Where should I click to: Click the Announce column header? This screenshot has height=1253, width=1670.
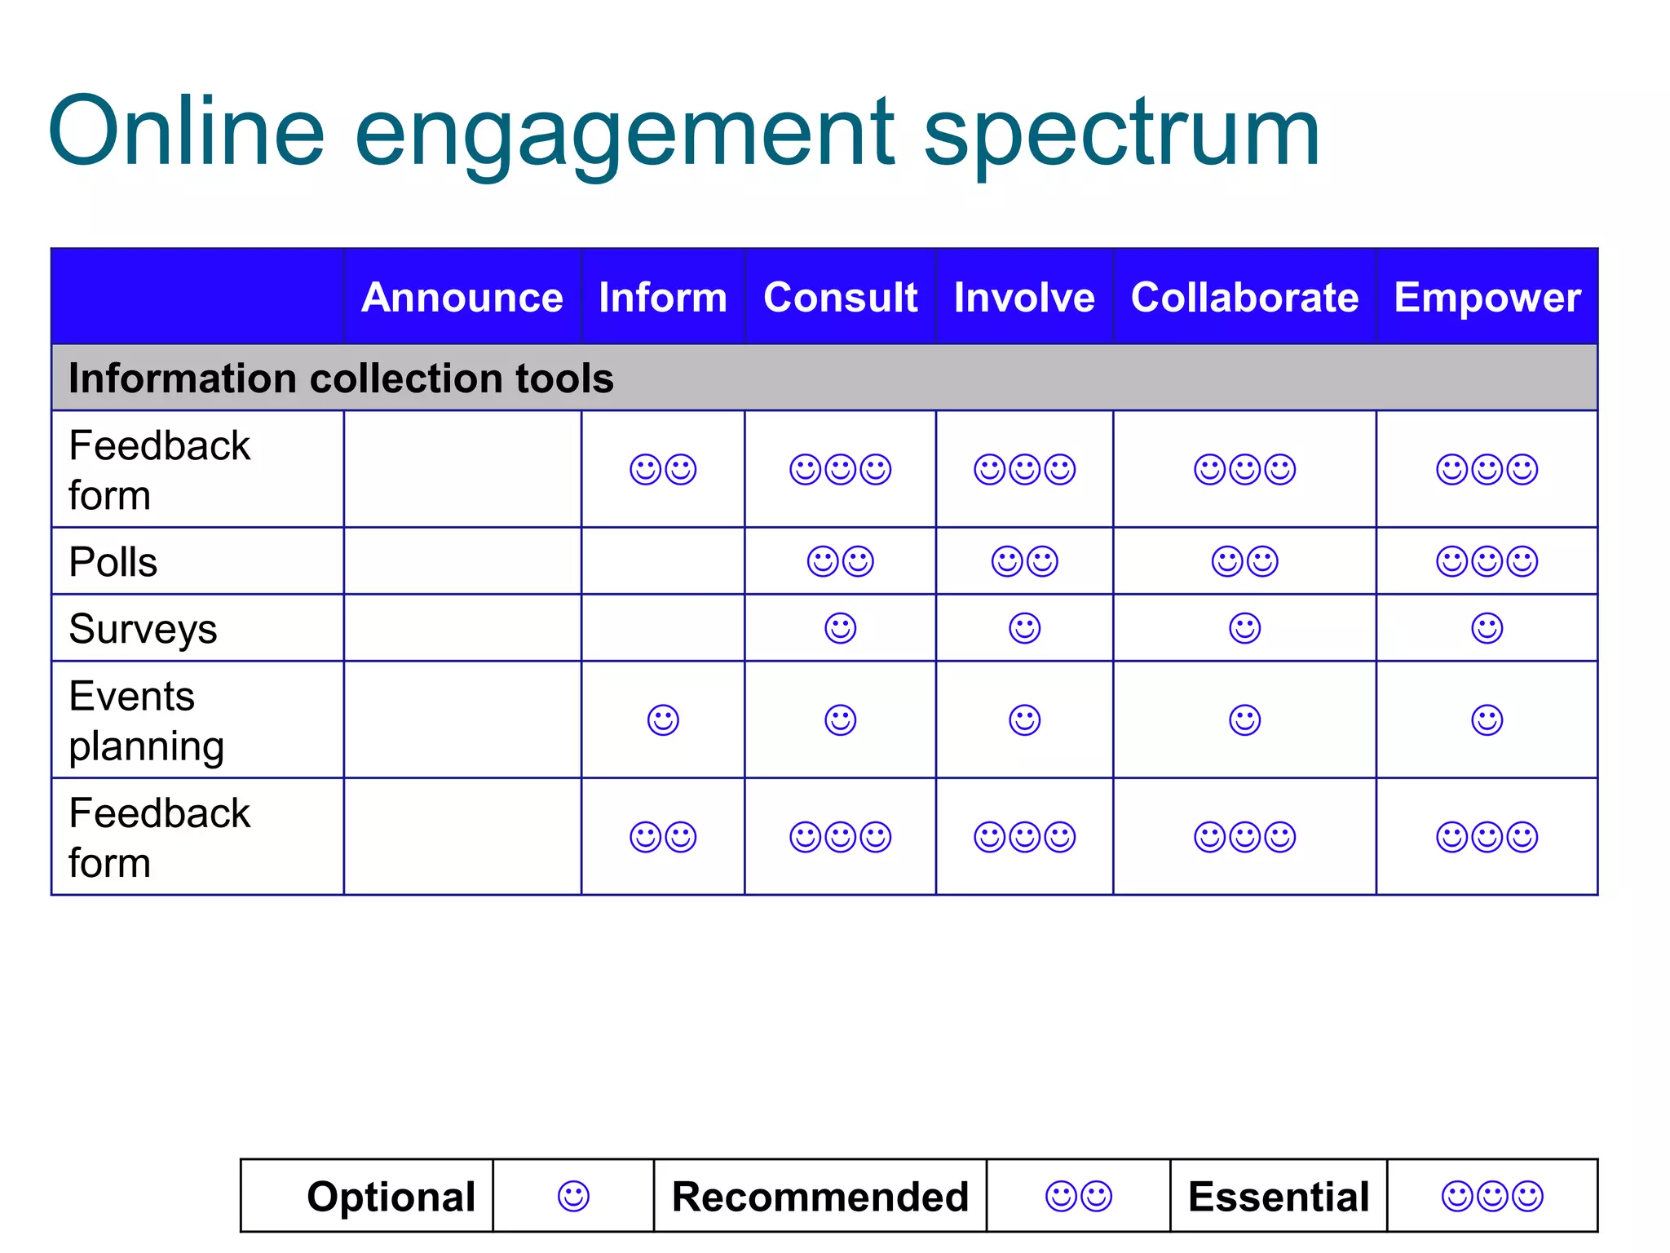point(462,297)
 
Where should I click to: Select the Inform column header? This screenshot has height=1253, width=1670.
point(662,297)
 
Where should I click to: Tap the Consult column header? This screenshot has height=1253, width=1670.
point(840,297)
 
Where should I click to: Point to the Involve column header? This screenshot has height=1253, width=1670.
point(1024,297)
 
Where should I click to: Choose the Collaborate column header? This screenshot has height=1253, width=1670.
point(1244,297)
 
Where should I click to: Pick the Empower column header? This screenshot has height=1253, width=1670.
point(1487,297)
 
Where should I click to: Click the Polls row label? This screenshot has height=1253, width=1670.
point(113,562)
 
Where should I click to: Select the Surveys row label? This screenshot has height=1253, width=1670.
point(143,629)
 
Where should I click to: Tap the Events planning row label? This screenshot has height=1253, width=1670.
point(146,720)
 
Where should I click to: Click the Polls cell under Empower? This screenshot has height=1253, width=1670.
point(1487,561)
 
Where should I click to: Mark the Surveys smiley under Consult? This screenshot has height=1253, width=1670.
point(840,628)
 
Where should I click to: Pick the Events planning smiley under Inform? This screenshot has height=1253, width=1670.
point(663,720)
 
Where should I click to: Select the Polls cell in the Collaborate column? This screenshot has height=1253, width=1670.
point(1244,561)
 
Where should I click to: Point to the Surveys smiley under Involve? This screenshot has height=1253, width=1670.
point(1024,628)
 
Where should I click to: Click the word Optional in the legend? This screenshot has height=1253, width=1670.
point(391,1197)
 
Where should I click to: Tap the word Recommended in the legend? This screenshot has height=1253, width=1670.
point(820,1197)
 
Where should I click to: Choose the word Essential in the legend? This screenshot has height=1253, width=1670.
point(1279,1197)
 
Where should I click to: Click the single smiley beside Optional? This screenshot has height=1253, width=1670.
point(573,1197)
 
